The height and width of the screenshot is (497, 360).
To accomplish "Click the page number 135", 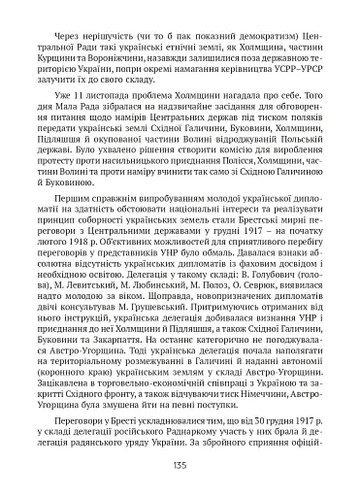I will click(180, 464).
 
